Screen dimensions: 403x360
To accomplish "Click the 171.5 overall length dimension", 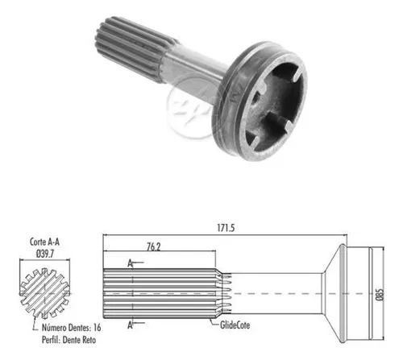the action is tap(226, 228).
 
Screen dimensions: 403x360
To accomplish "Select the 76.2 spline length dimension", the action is tap(153, 247).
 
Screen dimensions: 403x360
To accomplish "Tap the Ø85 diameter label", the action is tap(380, 295).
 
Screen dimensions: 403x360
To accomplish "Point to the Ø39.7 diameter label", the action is tap(45, 254).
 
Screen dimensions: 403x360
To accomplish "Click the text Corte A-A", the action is tap(44, 242).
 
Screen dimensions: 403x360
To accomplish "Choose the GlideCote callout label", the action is tap(235, 325).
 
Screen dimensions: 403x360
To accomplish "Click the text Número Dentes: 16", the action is tap(72, 328).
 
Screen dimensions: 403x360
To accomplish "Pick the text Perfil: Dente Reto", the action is tap(69, 340).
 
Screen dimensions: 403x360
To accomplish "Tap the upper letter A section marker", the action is tap(130, 263).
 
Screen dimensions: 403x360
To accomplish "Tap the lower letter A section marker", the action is tap(130, 325).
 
